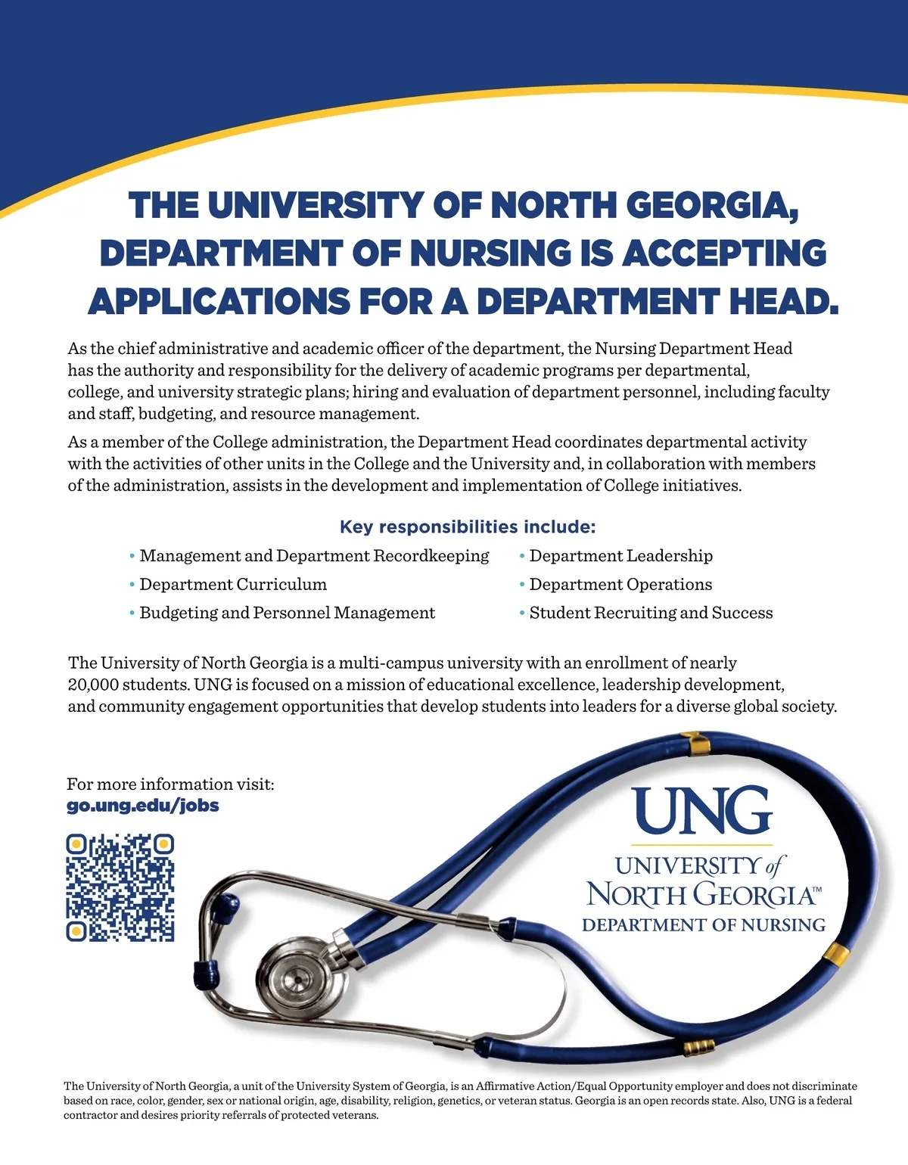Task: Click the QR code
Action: pyautogui.click(x=120, y=888)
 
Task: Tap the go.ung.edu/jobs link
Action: pyautogui.click(x=143, y=805)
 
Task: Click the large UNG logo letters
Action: pyautogui.click(x=701, y=810)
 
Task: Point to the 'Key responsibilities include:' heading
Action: pyautogui.click(x=468, y=527)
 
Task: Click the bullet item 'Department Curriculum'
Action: pyautogui.click(x=233, y=584)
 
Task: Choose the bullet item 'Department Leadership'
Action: pyautogui.click(x=620, y=556)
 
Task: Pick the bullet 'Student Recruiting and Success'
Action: pyautogui.click(x=651, y=613)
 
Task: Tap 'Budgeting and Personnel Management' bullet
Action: pyautogui.click(x=287, y=613)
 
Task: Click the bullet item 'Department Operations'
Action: pyautogui.click(x=620, y=584)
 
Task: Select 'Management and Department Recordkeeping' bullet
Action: pyautogui.click(x=314, y=556)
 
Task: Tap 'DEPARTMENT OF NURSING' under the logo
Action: pyautogui.click(x=703, y=925)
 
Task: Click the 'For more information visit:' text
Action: pyautogui.click(x=170, y=784)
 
